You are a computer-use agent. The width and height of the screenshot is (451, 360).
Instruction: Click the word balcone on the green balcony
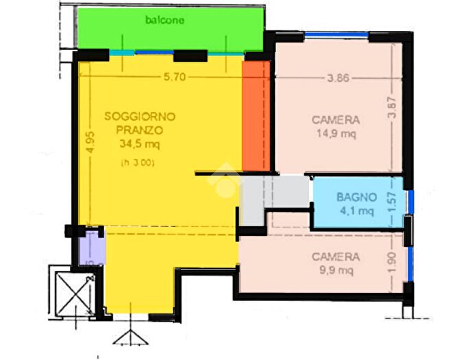[164, 21]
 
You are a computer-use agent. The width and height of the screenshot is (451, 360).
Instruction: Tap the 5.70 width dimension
[174, 77]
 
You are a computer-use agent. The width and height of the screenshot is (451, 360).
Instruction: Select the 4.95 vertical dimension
[88, 141]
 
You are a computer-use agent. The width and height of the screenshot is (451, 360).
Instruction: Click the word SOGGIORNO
[140, 117]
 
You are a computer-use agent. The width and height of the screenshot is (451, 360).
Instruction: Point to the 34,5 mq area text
[139, 144]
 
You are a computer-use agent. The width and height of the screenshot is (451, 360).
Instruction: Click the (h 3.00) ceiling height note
[138, 163]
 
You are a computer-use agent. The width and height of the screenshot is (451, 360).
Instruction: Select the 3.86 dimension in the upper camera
[339, 78]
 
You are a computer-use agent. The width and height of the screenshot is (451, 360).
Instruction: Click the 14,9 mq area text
[335, 134]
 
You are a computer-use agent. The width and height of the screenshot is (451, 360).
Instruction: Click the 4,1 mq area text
[354, 211]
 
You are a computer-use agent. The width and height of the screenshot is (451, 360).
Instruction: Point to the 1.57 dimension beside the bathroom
[393, 202]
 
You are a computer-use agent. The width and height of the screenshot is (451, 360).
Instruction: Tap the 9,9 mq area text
[334, 270]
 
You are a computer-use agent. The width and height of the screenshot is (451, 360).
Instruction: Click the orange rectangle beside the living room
[256, 117]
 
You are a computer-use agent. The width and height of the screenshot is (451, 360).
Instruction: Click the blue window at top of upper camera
[336, 34]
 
